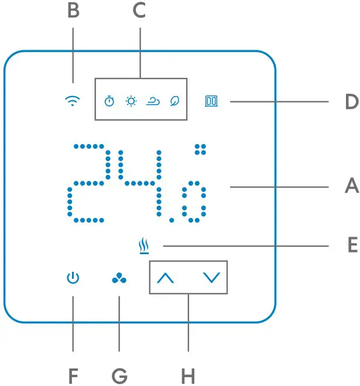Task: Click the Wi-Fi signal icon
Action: coord(72,101)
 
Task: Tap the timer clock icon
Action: coord(109,101)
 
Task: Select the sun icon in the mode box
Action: coord(131,101)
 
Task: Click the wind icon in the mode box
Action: coord(153,101)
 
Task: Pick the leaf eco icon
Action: coord(174,101)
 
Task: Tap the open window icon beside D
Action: coord(211,101)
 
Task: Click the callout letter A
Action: coord(351,187)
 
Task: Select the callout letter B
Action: coord(73,12)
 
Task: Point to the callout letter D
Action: coord(351,102)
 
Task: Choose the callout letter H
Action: coord(188,375)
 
